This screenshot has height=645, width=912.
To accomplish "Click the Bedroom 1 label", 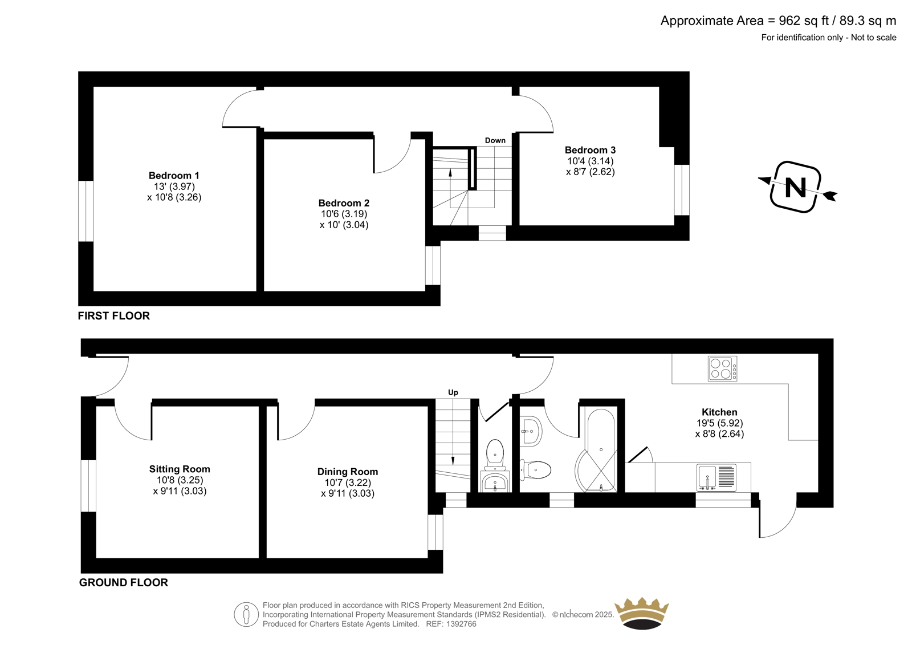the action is click(174, 176).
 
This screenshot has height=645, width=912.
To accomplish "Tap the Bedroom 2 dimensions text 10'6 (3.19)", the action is click(344, 214).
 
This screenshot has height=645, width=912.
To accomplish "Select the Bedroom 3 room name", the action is click(590, 150).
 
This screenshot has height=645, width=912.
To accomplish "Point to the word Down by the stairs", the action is click(495, 140).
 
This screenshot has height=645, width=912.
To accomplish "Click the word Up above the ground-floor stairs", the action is click(453, 392).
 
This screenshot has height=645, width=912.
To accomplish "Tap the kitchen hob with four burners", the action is click(722, 368).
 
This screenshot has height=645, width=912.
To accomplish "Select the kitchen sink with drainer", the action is click(716, 477).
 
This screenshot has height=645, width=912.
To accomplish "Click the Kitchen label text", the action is click(719, 412).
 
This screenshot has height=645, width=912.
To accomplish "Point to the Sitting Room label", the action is click(180, 469).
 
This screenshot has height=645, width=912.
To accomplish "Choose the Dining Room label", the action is click(348, 472).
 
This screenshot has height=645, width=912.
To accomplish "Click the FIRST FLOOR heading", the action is click(114, 316).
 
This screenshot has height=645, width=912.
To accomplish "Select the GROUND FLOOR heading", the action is click(123, 583).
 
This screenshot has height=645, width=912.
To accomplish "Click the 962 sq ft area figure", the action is click(804, 21).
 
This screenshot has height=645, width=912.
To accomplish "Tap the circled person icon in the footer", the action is click(246, 614).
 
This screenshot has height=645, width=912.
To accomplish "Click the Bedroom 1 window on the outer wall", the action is click(86, 211).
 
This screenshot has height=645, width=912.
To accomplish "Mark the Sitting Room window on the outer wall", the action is click(88, 486).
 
